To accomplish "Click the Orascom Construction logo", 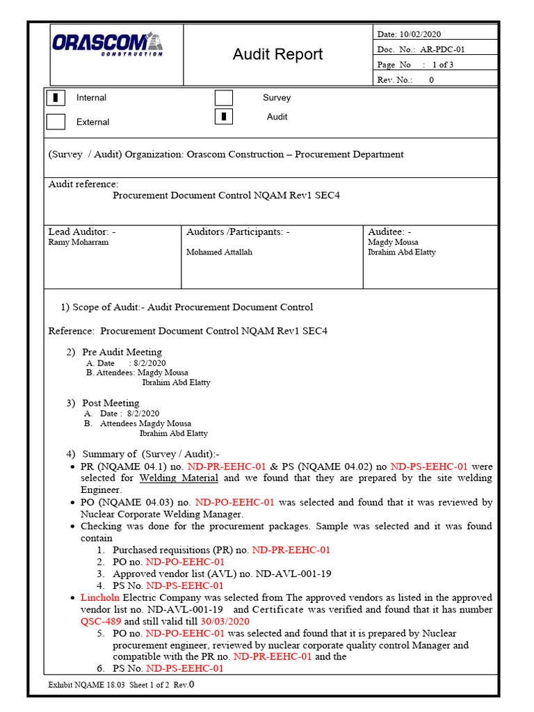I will tap(108, 44).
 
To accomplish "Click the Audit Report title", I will tap(277, 54).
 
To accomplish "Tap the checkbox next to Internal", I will tap(56, 97).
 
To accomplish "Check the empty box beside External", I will tap(56, 122).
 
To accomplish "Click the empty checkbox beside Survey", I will tap(223, 97).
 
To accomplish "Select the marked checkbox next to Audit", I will tap(223, 117).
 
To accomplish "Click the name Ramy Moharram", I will tap(78, 243).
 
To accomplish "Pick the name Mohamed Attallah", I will tap(219, 252).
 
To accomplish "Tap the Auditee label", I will tap(389, 232).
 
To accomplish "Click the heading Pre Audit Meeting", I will tap(122, 352).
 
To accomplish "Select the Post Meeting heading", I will tap(111, 403).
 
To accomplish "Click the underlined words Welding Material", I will tap(179, 478).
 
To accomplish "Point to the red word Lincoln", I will tap(100, 598).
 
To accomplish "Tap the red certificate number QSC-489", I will tap(102, 622).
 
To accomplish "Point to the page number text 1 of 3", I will tap(443, 65).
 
